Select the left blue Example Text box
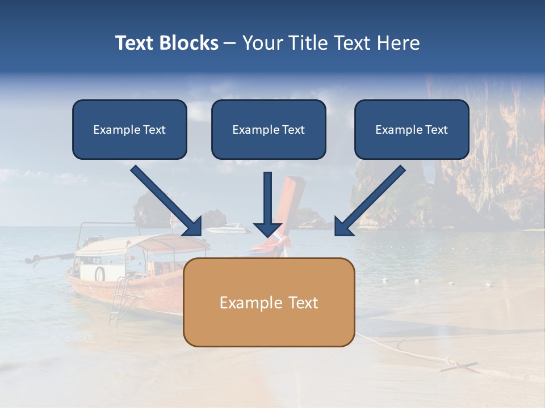click(x=129, y=129)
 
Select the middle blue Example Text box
click(x=269, y=129)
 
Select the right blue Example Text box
click(x=412, y=129)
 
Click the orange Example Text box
click(x=269, y=302)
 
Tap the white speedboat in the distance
click(x=228, y=229)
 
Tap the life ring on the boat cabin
click(x=100, y=274)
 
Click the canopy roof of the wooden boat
click(x=142, y=244)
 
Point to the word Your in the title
click(x=263, y=43)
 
